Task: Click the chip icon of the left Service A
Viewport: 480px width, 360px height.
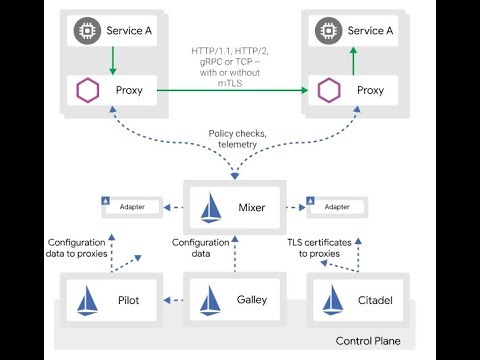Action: click(84, 30)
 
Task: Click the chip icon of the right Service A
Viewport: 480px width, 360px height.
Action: click(324, 30)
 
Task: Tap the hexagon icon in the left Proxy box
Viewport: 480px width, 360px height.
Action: click(84, 91)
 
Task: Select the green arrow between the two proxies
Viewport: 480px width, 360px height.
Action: click(230, 91)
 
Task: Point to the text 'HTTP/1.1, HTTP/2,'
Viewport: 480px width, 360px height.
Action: click(231, 51)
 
